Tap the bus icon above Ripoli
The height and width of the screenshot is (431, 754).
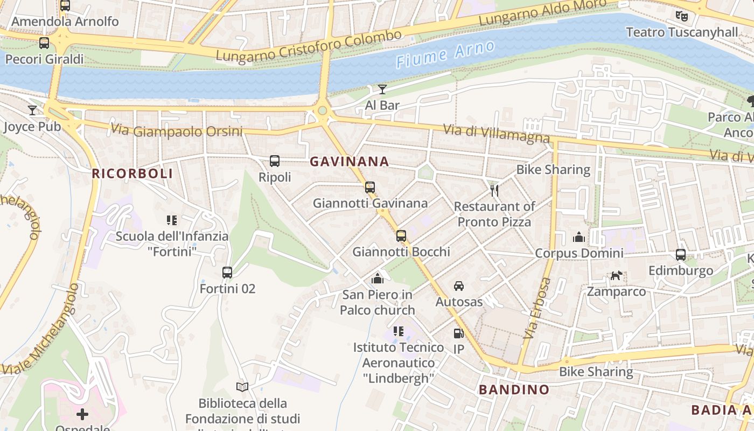pyautogui.click(x=275, y=161)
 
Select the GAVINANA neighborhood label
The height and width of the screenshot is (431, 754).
pyautogui.click(x=349, y=161)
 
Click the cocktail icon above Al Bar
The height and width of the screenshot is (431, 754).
pyautogui.click(x=382, y=89)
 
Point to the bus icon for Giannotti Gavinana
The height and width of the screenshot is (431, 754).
pyautogui.click(x=370, y=187)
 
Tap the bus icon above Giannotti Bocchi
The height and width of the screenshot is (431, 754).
pyautogui.click(x=401, y=236)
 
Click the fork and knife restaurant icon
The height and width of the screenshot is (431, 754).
pyautogui.click(x=494, y=190)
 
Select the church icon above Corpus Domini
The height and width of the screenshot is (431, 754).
pyautogui.click(x=579, y=237)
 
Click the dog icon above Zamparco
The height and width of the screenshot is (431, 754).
pyautogui.click(x=616, y=276)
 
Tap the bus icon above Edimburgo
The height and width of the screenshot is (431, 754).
pyautogui.click(x=681, y=255)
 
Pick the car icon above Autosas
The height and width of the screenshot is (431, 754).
pyautogui.click(x=459, y=286)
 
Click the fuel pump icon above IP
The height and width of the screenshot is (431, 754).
pyautogui.click(x=458, y=334)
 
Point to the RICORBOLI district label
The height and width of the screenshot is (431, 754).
pyautogui.click(x=132, y=173)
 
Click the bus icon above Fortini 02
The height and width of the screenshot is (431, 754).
pyautogui.click(x=227, y=273)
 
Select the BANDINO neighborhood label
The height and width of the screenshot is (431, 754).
pyautogui.click(x=514, y=390)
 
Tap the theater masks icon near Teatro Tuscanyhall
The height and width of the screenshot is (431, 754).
pyautogui.click(x=682, y=16)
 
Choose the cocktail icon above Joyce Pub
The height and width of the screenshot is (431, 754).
pyautogui.click(x=32, y=110)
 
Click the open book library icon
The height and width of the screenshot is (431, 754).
pyautogui.click(x=243, y=387)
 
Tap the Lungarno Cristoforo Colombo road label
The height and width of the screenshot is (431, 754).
pyautogui.click(x=309, y=45)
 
